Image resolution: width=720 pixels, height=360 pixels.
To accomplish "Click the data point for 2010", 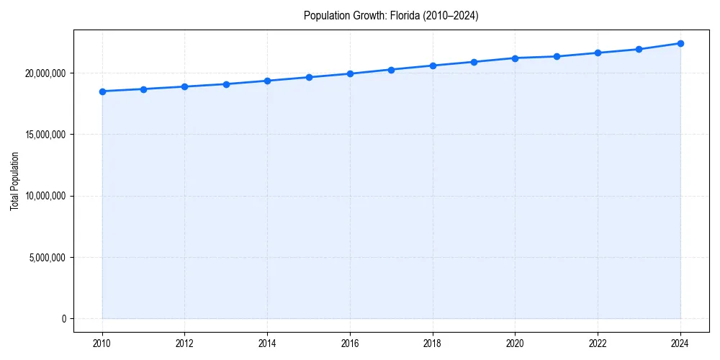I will pyautogui.click(x=102, y=91).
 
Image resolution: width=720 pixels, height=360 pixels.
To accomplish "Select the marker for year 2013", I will pyautogui.click(x=226, y=84).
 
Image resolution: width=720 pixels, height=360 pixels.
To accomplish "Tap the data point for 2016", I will pyautogui.click(x=350, y=73).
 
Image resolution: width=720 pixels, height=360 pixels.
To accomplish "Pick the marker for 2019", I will pyautogui.click(x=474, y=62).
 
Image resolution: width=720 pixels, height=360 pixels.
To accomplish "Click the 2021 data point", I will pyautogui.click(x=557, y=56).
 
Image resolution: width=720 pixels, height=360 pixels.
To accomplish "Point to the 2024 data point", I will pyautogui.click(x=680, y=43).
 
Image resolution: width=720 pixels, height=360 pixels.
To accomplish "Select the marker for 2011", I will pyautogui.click(x=143, y=89).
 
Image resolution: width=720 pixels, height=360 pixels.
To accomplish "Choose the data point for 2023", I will pyautogui.click(x=639, y=49).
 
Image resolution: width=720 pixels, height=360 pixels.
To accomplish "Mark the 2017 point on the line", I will pyautogui.click(x=391, y=70).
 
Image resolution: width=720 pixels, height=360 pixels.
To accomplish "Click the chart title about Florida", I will pyautogui.click(x=391, y=15).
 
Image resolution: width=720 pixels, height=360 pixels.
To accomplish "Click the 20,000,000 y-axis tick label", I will pyautogui.click(x=44, y=73).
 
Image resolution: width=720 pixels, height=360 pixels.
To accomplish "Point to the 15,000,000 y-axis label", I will pyautogui.click(x=44, y=135).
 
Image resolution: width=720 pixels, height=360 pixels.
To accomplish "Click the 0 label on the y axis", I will pyautogui.click(x=63, y=319).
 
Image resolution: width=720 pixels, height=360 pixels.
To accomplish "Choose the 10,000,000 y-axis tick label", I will pyautogui.click(x=44, y=196).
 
